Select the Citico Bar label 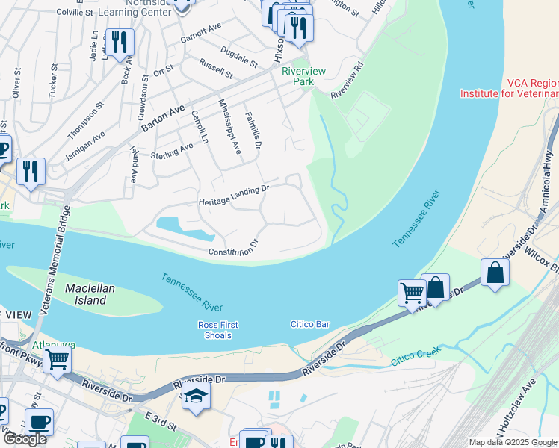(310, 324)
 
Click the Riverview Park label (303, 76)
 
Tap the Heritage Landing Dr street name (233, 196)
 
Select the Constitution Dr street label (233, 248)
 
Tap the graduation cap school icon (196, 396)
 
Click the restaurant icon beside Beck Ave (119, 43)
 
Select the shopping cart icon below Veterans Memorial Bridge (58, 359)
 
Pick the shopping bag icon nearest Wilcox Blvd (495, 273)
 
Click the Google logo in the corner (25, 439)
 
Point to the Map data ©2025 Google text (513, 442)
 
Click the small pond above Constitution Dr (181, 228)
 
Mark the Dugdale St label (239, 57)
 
